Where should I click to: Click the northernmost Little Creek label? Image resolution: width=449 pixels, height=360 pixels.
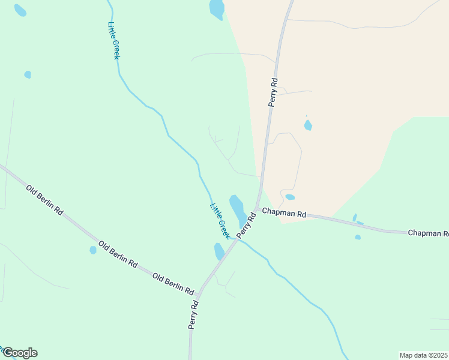point(113,40)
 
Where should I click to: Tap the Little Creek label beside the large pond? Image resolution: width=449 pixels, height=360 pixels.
point(220,221)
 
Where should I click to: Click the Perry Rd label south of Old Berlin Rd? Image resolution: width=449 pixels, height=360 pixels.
point(193,315)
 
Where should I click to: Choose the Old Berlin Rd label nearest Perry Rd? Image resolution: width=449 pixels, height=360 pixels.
point(173,284)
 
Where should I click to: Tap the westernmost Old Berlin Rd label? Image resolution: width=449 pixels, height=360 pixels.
point(45,200)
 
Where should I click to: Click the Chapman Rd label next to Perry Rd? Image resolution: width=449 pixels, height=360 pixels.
point(285,214)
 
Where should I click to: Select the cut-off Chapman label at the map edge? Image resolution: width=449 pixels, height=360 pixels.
point(428,233)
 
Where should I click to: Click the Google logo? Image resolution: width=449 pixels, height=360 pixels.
point(19,353)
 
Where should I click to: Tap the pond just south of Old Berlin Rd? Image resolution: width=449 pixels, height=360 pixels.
point(92,250)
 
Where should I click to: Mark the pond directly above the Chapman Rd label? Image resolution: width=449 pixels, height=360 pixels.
point(290,197)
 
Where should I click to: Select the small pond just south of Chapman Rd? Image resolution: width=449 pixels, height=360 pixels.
point(358,237)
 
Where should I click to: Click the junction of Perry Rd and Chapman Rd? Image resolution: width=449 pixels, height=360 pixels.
point(257,210)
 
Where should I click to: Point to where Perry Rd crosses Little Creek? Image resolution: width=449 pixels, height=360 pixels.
point(238,239)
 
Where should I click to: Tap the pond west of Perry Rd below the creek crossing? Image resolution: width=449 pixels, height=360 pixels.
point(219,251)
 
